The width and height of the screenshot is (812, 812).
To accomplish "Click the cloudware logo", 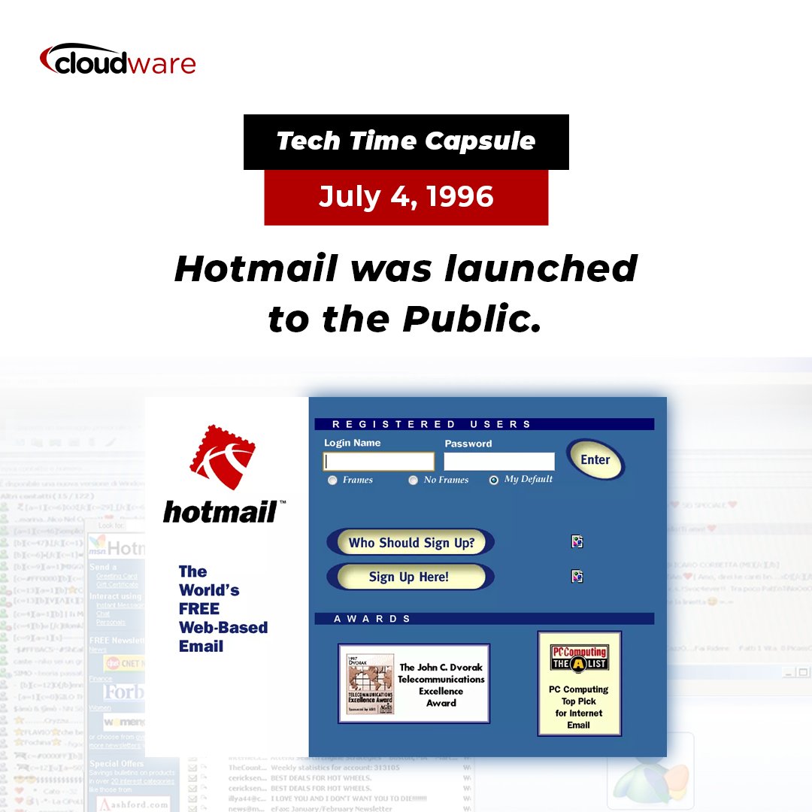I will coord(117,60).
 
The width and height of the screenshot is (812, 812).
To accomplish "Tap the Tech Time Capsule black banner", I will coord(406,141).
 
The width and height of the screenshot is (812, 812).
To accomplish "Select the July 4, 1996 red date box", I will coord(406,197).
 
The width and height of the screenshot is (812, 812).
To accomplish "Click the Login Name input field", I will coord(379,461).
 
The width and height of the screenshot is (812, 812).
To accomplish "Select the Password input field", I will coord(499,461).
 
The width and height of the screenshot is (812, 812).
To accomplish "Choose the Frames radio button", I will coord(332,480).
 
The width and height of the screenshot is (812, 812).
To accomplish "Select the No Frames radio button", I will coord(413,480).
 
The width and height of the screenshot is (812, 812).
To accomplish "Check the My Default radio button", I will coord(493,480).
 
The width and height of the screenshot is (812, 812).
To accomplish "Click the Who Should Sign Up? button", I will coord(411,542).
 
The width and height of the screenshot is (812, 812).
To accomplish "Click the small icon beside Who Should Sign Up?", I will coord(577,541).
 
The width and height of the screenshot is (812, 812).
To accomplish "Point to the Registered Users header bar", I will coord(484,424).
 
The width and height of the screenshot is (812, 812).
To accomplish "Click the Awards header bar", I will coord(484,619).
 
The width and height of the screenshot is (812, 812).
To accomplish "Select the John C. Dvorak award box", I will coord(414,683).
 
